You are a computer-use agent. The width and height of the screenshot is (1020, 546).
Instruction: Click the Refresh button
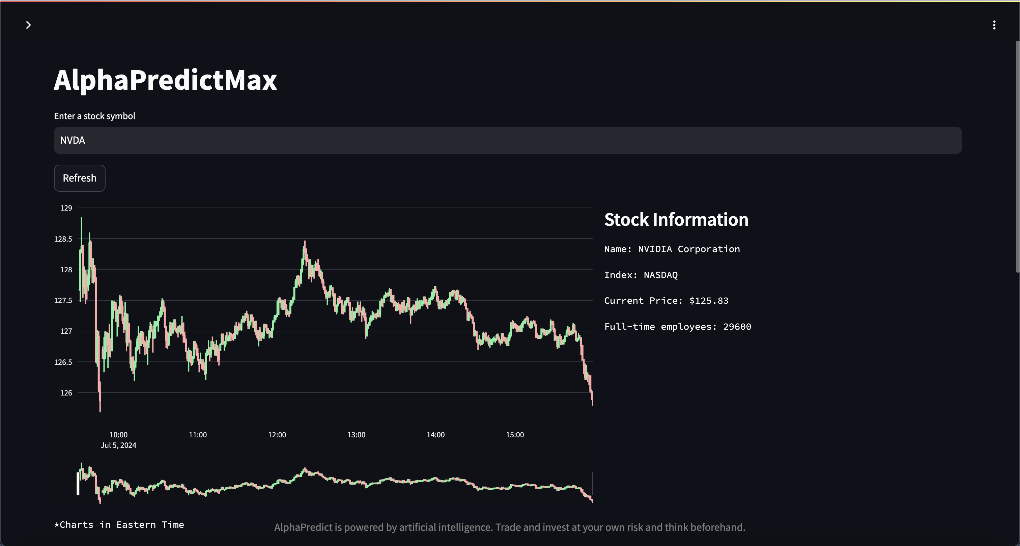(x=80, y=178)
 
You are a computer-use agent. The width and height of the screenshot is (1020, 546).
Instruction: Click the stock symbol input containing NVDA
(x=508, y=140)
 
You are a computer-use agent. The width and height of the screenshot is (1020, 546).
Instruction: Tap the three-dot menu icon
(x=994, y=25)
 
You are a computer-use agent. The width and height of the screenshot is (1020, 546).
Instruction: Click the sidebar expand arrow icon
(x=28, y=25)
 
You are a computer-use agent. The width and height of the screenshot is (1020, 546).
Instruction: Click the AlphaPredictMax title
(x=165, y=80)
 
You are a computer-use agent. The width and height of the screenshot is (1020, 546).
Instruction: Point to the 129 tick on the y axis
(x=66, y=208)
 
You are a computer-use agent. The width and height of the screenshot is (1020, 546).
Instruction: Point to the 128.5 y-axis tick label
(x=63, y=239)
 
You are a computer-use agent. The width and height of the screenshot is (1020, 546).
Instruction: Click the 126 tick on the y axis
(x=66, y=393)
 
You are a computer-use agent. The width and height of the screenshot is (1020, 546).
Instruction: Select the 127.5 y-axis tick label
(x=63, y=300)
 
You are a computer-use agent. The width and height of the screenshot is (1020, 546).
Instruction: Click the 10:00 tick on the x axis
(x=118, y=435)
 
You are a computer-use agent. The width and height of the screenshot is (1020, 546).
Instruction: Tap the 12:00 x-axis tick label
(x=277, y=435)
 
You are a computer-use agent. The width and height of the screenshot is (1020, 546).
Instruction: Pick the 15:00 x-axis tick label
(x=515, y=435)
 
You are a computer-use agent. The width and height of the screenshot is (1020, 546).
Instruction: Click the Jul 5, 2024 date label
(x=118, y=445)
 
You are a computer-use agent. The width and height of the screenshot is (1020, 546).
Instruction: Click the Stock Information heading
(x=676, y=219)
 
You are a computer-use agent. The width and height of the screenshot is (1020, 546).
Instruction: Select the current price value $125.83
(x=709, y=301)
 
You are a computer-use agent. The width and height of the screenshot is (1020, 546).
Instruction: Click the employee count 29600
(x=737, y=327)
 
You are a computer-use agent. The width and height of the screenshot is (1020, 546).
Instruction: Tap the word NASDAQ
(x=660, y=275)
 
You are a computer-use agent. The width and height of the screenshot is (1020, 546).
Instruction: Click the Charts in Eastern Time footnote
(x=119, y=525)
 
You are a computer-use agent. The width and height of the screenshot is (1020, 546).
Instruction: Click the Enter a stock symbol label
(x=95, y=116)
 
